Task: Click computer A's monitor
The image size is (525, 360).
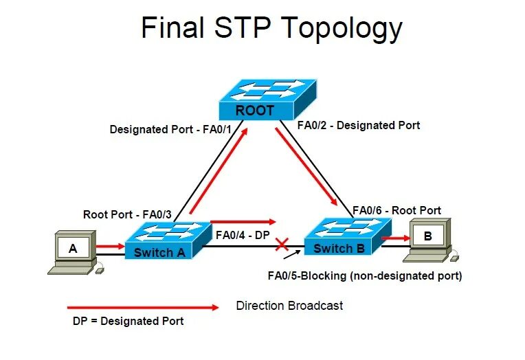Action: (74, 247)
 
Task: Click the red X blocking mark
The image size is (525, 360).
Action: (281, 243)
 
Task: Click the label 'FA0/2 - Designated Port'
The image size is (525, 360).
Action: (358, 125)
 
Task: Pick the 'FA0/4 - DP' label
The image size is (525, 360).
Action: (242, 234)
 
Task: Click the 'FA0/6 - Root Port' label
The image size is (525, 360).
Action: (396, 210)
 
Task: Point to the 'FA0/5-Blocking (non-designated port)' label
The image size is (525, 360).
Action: (364, 276)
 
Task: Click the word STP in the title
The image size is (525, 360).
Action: (242, 29)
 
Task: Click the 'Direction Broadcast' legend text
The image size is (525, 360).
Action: (289, 305)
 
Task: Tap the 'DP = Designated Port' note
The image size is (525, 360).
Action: (129, 321)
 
